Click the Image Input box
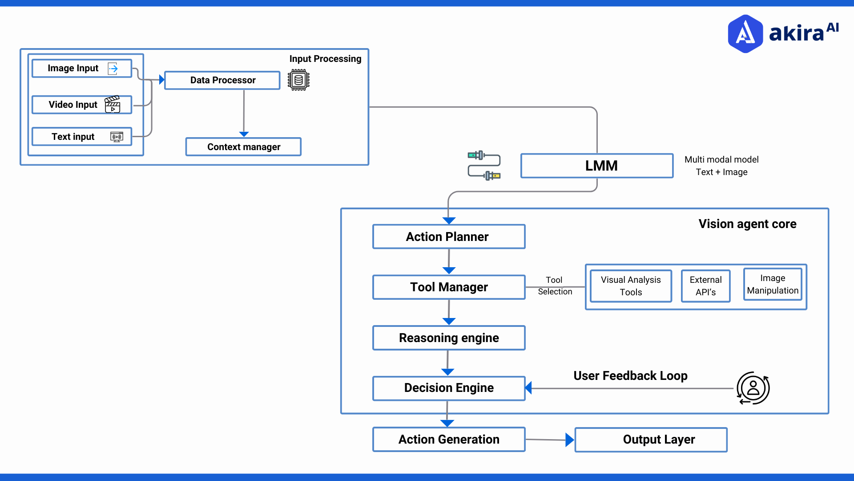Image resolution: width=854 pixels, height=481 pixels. click(82, 68)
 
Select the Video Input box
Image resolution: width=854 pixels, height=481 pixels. click(82, 105)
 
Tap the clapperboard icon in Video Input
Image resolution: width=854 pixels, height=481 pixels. click(113, 105)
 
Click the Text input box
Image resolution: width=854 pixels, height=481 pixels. click(82, 137)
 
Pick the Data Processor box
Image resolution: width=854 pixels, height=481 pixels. click(222, 80)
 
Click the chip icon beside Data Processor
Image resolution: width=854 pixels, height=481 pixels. click(298, 80)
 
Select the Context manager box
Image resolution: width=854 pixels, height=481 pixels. click(243, 147)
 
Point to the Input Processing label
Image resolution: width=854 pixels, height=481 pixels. click(325, 59)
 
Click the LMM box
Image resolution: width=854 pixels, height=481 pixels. click(597, 166)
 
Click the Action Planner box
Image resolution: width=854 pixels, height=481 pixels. click(449, 236)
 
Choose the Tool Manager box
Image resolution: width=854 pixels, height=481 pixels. click(449, 287)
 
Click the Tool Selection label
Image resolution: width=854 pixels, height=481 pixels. click(555, 285)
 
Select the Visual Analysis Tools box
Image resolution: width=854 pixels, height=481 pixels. click(631, 286)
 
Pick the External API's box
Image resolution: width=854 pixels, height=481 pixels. click(705, 286)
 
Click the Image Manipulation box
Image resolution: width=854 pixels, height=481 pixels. click(773, 284)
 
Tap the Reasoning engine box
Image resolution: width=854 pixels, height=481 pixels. click(449, 338)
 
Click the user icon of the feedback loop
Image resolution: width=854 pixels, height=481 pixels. click(753, 388)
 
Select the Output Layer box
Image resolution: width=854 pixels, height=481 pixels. click(651, 440)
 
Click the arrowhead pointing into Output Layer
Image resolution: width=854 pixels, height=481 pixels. click(569, 440)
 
